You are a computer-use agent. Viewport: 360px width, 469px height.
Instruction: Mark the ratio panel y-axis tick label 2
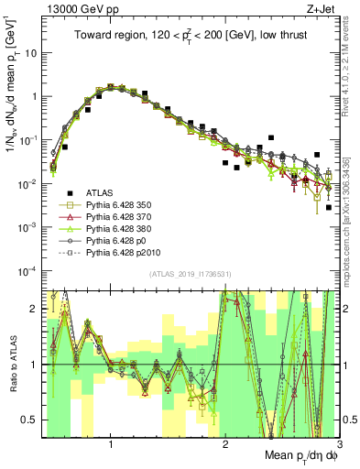(x=34, y=309)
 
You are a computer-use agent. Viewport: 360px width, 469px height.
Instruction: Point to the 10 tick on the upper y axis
(x=30, y=52)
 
